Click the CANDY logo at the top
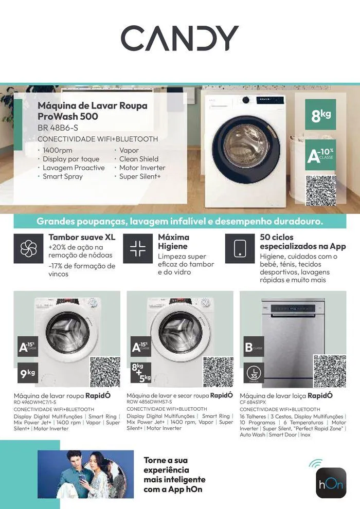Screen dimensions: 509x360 pyautogui.click(x=179, y=38)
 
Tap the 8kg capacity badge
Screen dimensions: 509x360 pyautogui.click(x=320, y=115)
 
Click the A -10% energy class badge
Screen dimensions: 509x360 pyautogui.click(x=320, y=155)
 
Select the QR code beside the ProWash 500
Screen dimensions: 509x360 pyautogui.click(x=320, y=191)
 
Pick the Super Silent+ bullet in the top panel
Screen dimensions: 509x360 pyautogui.click(x=140, y=176)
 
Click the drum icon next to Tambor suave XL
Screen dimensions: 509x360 pyautogui.click(x=29, y=249)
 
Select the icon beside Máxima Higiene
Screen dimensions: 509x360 pyautogui.click(x=137, y=249)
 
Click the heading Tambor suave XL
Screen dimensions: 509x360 pyautogui.click(x=82, y=238)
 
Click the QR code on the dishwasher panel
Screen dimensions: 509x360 pyautogui.click(x=330, y=371)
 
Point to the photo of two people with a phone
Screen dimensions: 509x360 pyautogui.click(x=85, y=474)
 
